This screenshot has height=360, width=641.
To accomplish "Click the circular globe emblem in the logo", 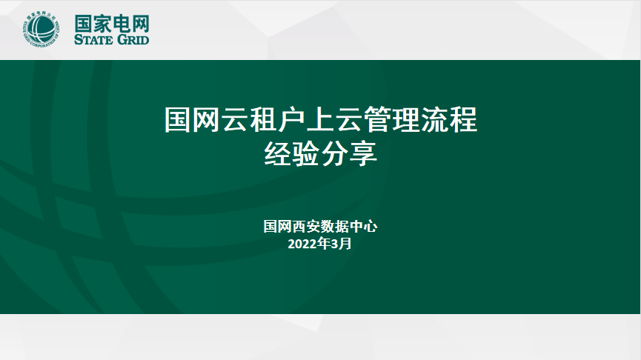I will [x=41, y=30].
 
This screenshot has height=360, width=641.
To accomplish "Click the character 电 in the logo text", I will [x=121, y=21].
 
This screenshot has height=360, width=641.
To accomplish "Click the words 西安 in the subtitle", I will [x=306, y=226].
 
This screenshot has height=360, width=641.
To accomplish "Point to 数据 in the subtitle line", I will [x=334, y=226].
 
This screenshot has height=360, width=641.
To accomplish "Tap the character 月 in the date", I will [x=346, y=243].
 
